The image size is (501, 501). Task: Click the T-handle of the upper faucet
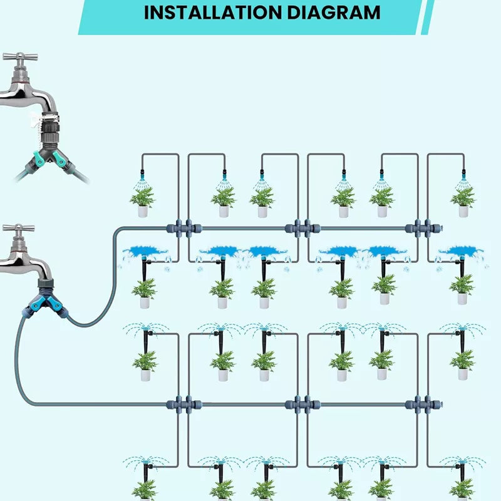[x=19, y=57]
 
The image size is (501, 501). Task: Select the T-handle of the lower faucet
[x=18, y=229]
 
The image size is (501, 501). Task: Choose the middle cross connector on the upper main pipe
[x=299, y=228]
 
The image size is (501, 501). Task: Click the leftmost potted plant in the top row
[x=143, y=201]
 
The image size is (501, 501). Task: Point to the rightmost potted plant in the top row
[x=463, y=201]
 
